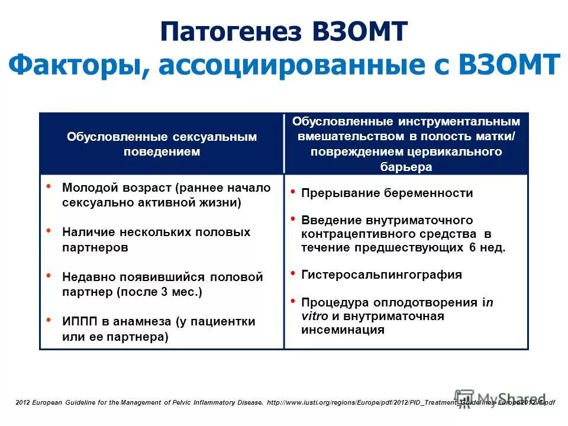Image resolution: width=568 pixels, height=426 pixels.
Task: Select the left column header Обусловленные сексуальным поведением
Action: tap(162, 144)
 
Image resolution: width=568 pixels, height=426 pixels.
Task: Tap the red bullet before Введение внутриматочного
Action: tap(292, 218)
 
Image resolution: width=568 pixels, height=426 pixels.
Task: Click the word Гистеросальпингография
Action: tap(382, 275)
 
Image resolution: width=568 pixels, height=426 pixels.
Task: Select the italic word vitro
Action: tap(314, 316)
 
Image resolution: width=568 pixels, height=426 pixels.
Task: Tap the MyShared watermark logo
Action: tap(501, 398)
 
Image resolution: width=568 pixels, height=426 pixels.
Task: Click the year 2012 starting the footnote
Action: tap(22, 402)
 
